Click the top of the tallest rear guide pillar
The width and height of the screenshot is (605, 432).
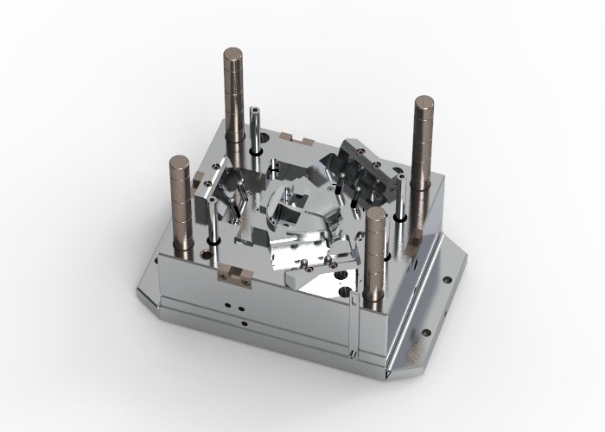(x=232, y=56)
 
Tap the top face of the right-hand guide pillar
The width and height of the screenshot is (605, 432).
(x=424, y=105)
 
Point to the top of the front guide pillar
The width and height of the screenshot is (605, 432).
(x=374, y=213)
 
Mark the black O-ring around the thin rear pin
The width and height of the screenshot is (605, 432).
(x=258, y=150)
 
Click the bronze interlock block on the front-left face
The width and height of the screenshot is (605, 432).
(x=234, y=275)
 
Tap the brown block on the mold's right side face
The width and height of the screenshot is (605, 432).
(x=417, y=246)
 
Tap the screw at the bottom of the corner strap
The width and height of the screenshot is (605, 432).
(x=353, y=353)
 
